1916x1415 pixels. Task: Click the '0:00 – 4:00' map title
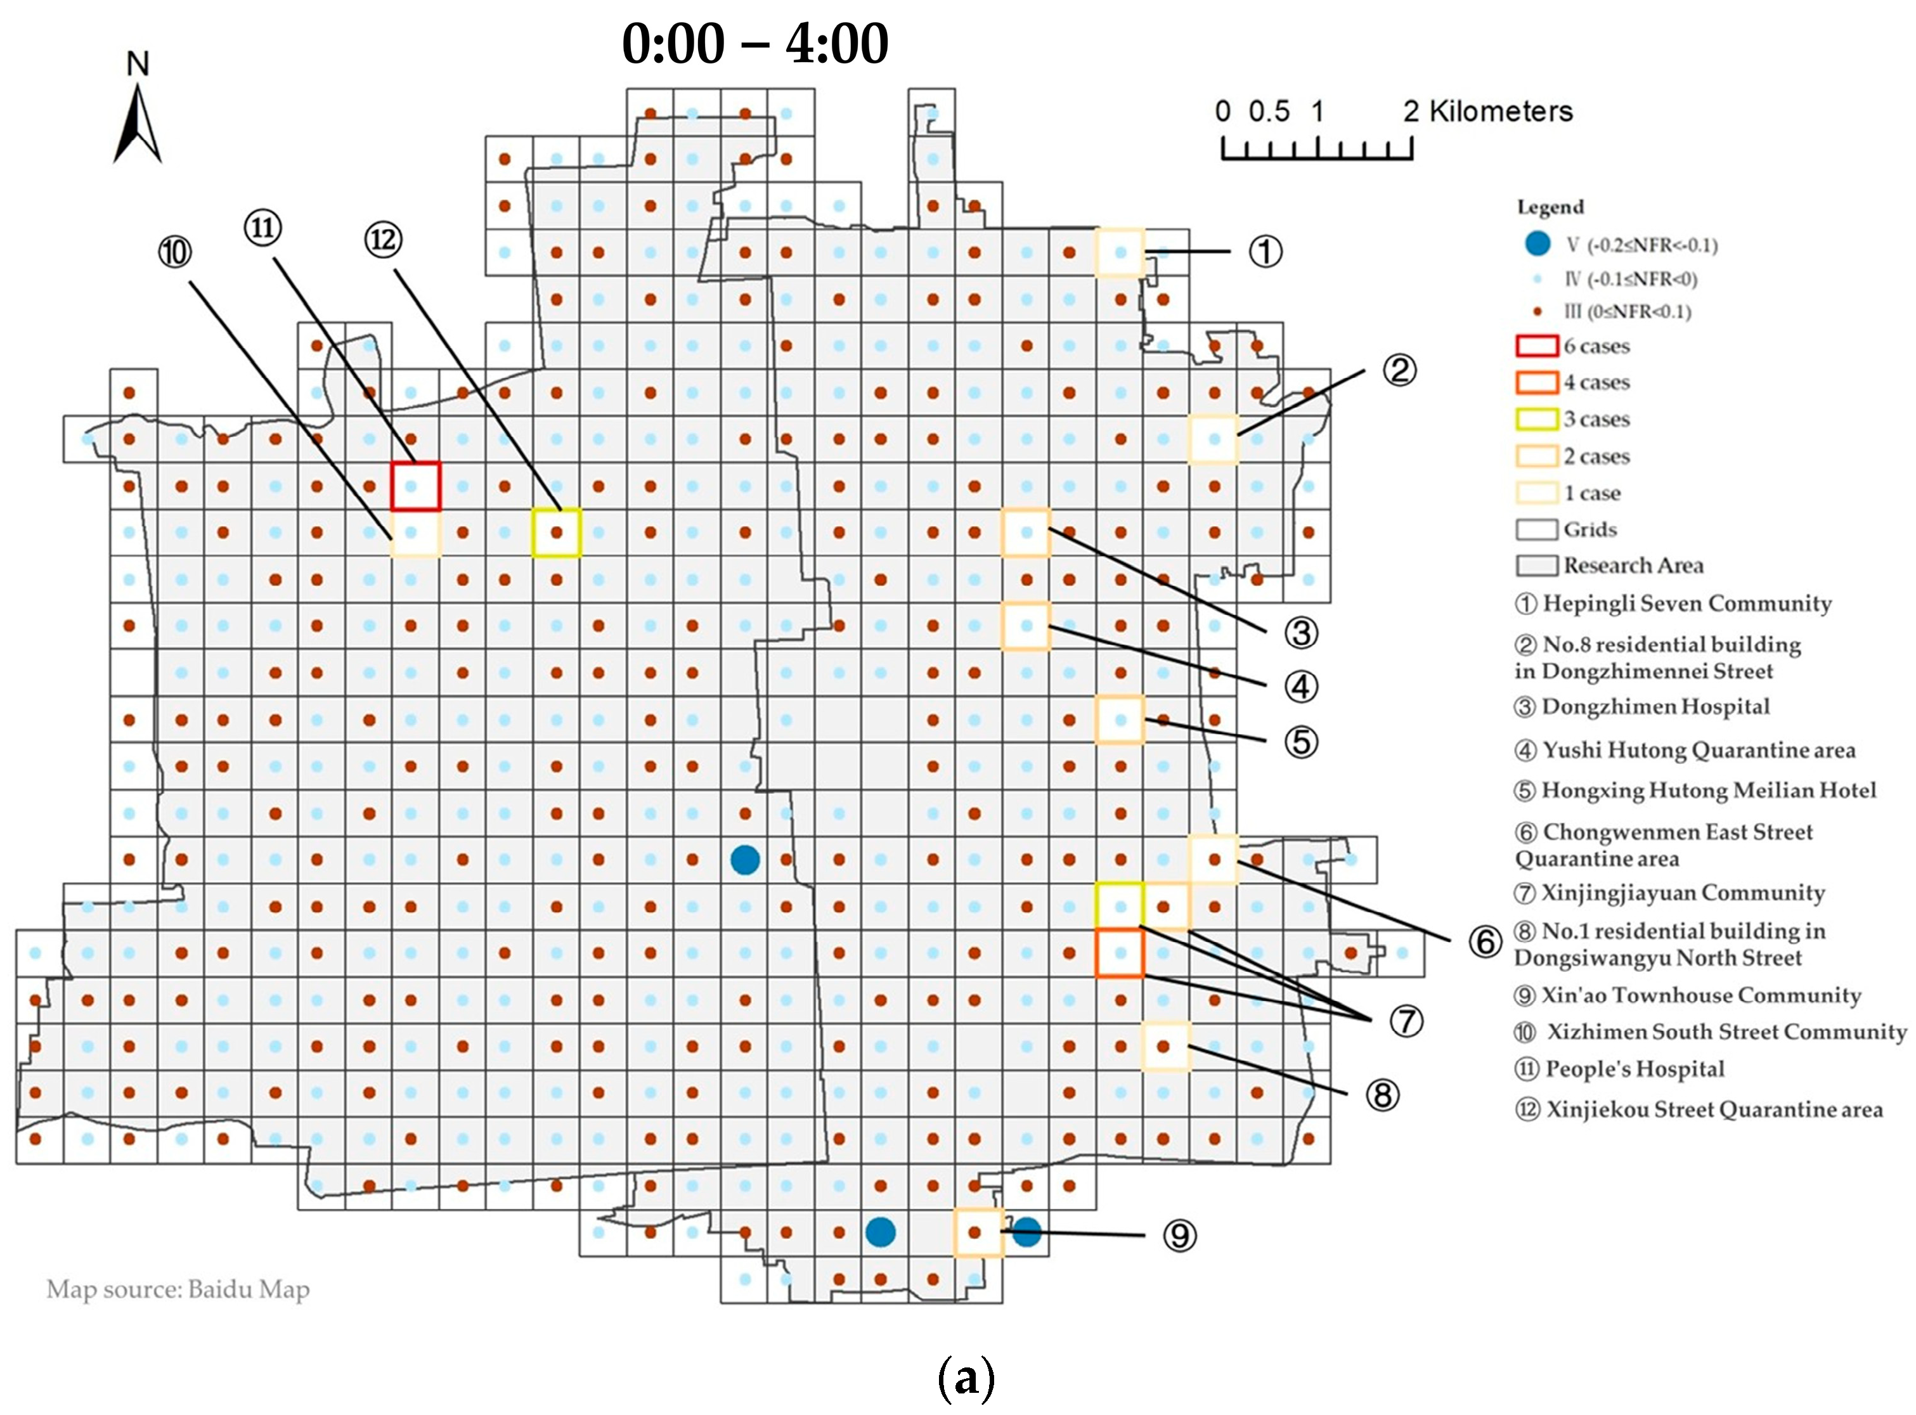click(x=754, y=44)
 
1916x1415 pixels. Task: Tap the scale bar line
click(x=1316, y=158)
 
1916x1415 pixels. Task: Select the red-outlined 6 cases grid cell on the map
click(x=417, y=486)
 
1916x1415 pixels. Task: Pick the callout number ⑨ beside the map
click(x=1179, y=1235)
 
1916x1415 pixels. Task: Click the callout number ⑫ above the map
click(x=383, y=240)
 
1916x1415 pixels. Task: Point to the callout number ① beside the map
click(x=1265, y=252)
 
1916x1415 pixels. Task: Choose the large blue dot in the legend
click(x=1537, y=244)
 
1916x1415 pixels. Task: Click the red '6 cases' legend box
click(x=1537, y=346)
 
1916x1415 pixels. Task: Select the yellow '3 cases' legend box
click(x=1537, y=419)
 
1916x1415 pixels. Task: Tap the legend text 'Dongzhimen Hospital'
click(x=1655, y=707)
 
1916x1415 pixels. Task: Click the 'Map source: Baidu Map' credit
click(x=178, y=1289)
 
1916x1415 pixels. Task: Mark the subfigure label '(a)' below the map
click(x=966, y=1378)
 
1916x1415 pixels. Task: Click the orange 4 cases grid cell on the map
click(x=1120, y=952)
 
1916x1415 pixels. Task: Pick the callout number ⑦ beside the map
click(x=1406, y=1020)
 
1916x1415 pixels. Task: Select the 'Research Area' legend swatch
click(x=1537, y=566)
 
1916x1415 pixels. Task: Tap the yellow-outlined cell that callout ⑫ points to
click(x=557, y=533)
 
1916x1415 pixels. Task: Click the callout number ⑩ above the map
click(x=175, y=252)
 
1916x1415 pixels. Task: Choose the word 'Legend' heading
click(x=1550, y=207)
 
